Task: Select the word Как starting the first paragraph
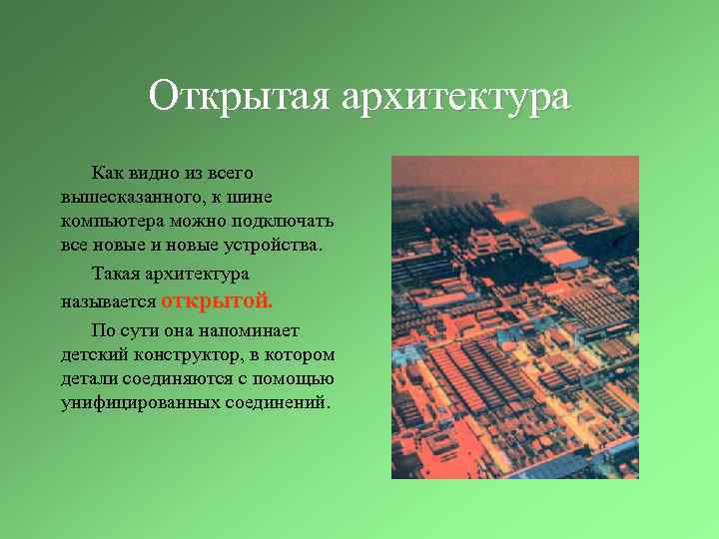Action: point(106,174)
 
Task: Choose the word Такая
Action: point(114,273)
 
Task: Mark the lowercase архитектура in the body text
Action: point(196,273)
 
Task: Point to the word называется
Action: point(107,300)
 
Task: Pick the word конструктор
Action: point(191,354)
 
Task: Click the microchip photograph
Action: point(514,317)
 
